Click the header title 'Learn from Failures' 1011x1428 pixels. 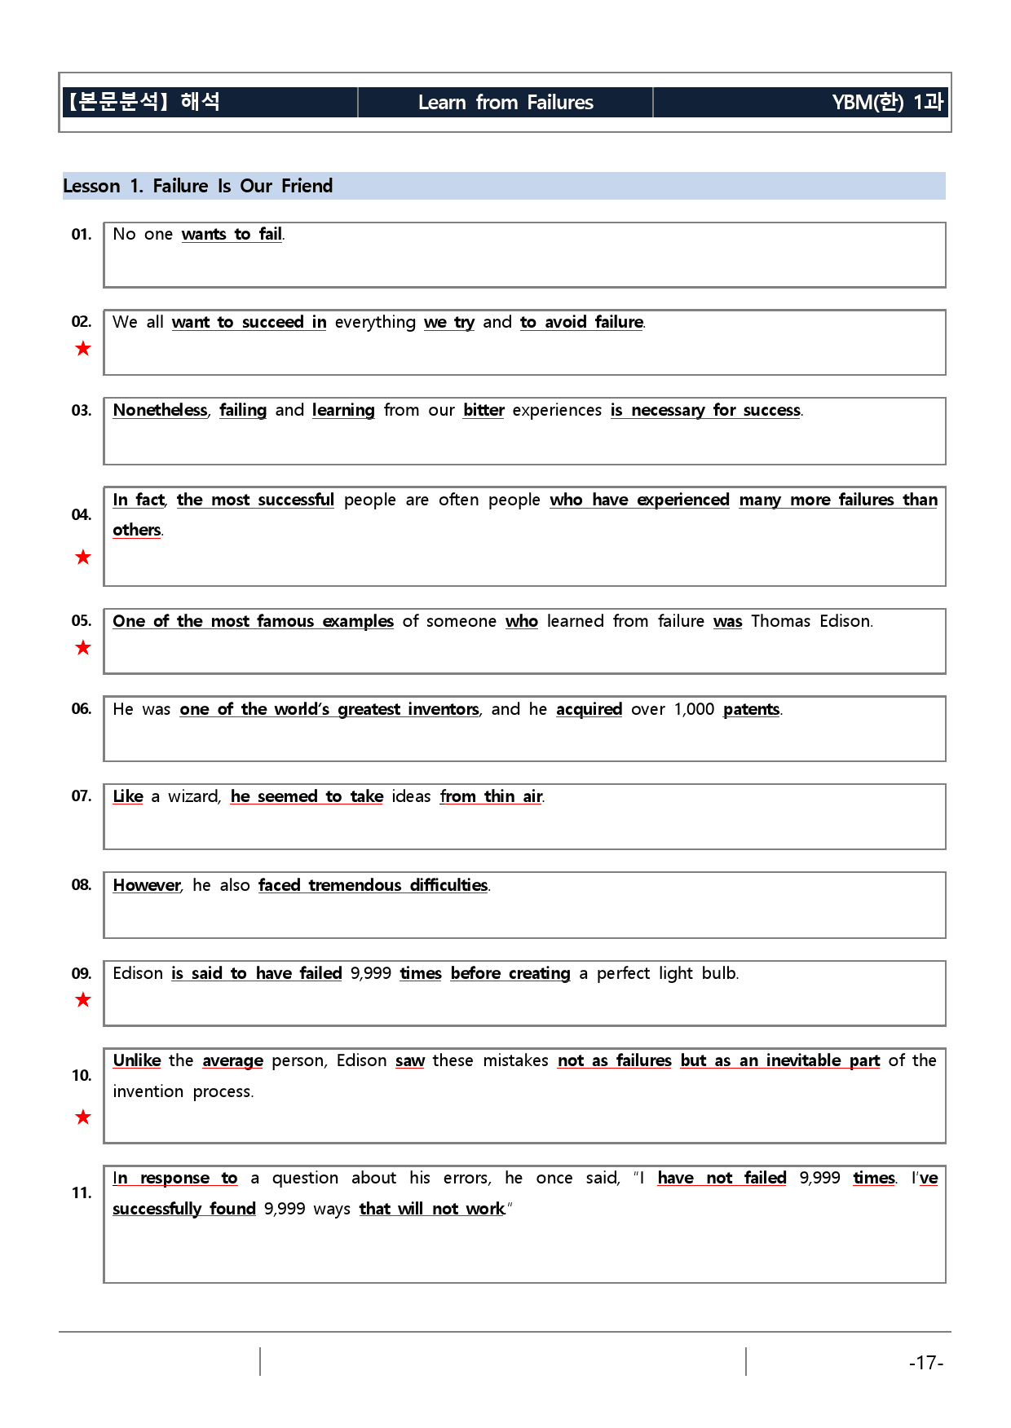505,103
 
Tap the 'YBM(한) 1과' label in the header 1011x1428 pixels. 887,103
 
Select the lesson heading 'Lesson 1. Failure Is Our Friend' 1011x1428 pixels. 198,186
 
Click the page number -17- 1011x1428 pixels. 926,1363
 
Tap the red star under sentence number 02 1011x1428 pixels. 83,349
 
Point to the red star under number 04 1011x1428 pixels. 83,558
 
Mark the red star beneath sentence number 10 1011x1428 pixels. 83,1117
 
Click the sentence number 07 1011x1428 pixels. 82,796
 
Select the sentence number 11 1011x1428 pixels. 82,1193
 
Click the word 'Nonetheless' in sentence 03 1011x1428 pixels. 161,410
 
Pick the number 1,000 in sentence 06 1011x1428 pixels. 694,709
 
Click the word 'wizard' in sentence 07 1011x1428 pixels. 193,796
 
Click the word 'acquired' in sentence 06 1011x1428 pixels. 589,709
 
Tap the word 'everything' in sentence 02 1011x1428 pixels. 375,322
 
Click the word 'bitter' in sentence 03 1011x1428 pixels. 483,410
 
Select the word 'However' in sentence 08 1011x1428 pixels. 147,885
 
